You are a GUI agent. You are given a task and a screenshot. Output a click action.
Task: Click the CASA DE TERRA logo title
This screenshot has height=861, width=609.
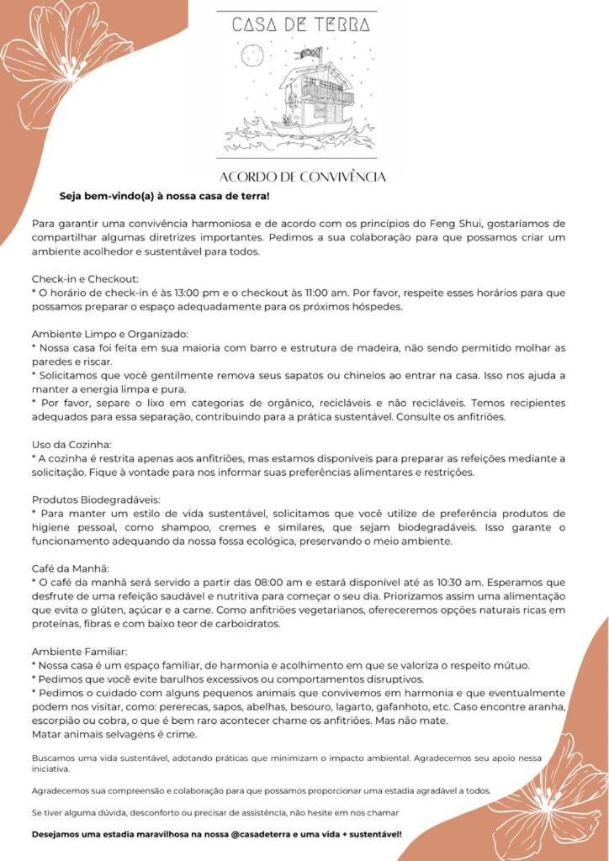301,24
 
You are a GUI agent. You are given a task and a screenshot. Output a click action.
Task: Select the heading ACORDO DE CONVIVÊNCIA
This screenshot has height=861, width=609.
302,177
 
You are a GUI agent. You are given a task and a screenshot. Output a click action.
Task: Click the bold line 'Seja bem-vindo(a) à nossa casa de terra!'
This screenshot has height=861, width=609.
164,196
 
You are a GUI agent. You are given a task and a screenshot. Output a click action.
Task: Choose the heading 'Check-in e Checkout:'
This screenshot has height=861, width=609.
85,278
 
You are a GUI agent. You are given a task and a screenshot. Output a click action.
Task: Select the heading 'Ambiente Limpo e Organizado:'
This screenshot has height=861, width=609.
109,334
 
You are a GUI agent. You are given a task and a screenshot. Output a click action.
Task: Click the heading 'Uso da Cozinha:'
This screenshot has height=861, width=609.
71,444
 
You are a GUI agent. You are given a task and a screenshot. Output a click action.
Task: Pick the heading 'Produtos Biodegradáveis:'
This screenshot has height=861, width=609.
96,499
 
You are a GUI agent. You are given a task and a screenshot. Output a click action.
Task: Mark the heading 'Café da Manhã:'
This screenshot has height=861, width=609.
71,568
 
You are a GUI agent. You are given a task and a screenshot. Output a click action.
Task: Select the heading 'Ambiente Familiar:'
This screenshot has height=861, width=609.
80,652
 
